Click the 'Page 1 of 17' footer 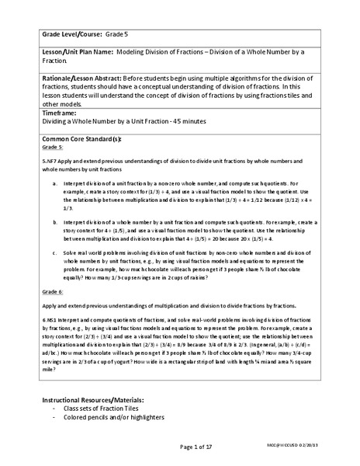coord(179,447)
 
